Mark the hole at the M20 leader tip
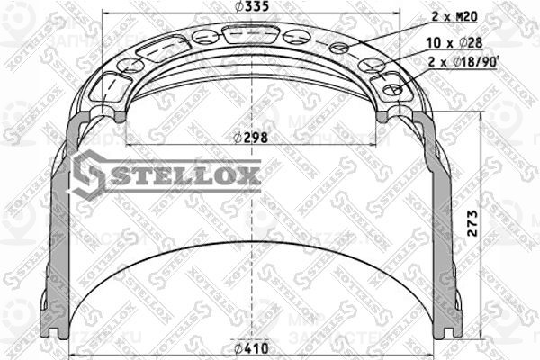pyautogui.click(x=339, y=48)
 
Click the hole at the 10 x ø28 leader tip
pyautogui.click(x=370, y=66)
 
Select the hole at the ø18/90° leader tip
pyautogui.click(x=393, y=90)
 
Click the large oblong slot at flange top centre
pyautogui.click(x=249, y=35)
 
